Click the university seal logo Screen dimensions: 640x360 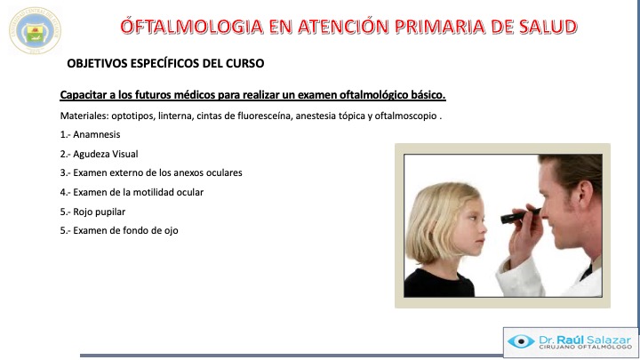pyautogui.click(x=35, y=30)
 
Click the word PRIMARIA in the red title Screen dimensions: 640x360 pyautogui.click(x=441, y=27)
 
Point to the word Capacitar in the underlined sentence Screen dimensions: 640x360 pyautogui.click(x=83, y=95)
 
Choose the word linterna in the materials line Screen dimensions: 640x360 pyautogui.click(x=175, y=116)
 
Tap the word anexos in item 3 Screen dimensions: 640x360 pyautogui.click(x=188, y=172)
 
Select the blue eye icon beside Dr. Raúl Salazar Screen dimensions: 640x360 pyautogui.click(x=521, y=341)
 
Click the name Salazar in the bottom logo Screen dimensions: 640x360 pyautogui.click(x=609, y=340)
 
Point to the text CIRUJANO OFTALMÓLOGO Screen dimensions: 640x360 pyautogui.click(x=585, y=347)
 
